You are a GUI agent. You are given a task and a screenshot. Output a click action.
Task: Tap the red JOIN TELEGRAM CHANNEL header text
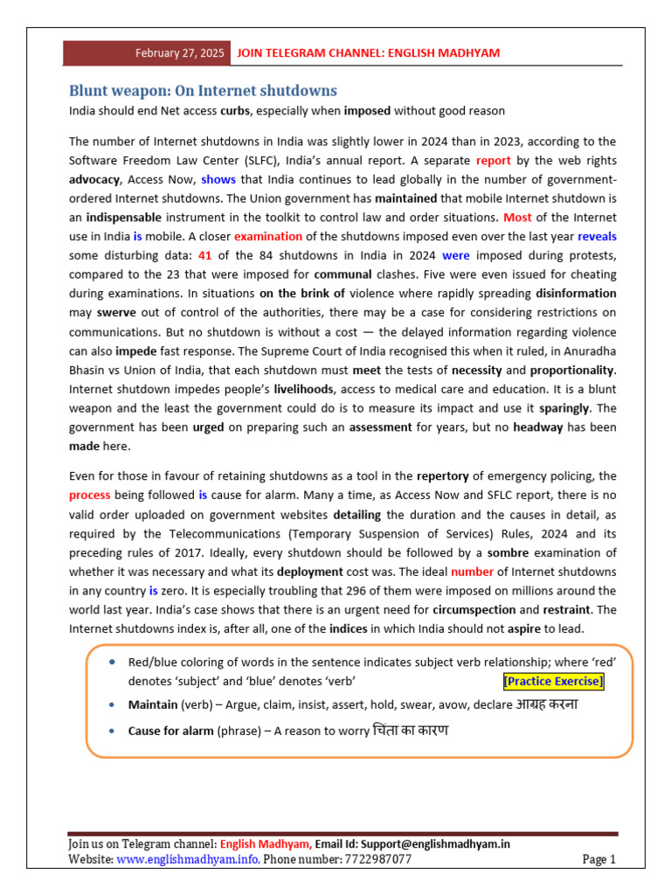[x=369, y=53]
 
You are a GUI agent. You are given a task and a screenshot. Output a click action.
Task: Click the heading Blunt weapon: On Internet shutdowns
[x=203, y=91]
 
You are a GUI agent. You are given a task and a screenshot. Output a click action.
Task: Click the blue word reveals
[x=597, y=236]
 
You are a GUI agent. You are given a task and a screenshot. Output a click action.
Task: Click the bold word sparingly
[x=564, y=408]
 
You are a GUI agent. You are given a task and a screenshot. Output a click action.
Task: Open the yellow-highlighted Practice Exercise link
[x=553, y=682]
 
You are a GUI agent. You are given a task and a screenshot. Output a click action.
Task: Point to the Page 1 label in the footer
[x=599, y=860]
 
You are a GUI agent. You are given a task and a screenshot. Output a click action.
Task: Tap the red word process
[x=89, y=495]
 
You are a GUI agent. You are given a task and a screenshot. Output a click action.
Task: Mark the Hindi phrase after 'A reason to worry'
[x=410, y=730]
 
